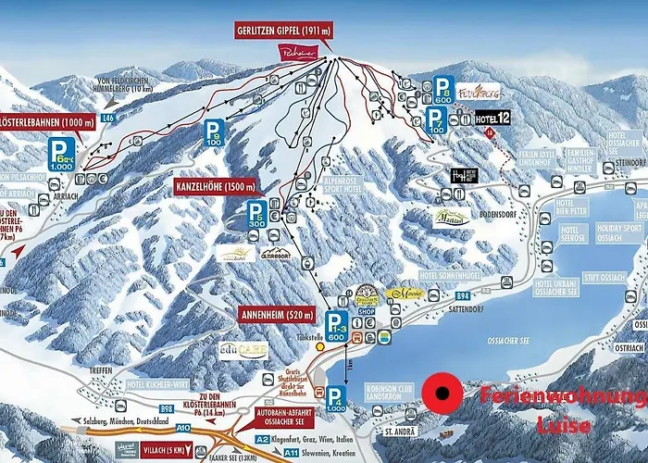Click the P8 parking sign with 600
(445, 88)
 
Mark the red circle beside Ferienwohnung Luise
(442, 392)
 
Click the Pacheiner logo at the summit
(300, 55)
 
